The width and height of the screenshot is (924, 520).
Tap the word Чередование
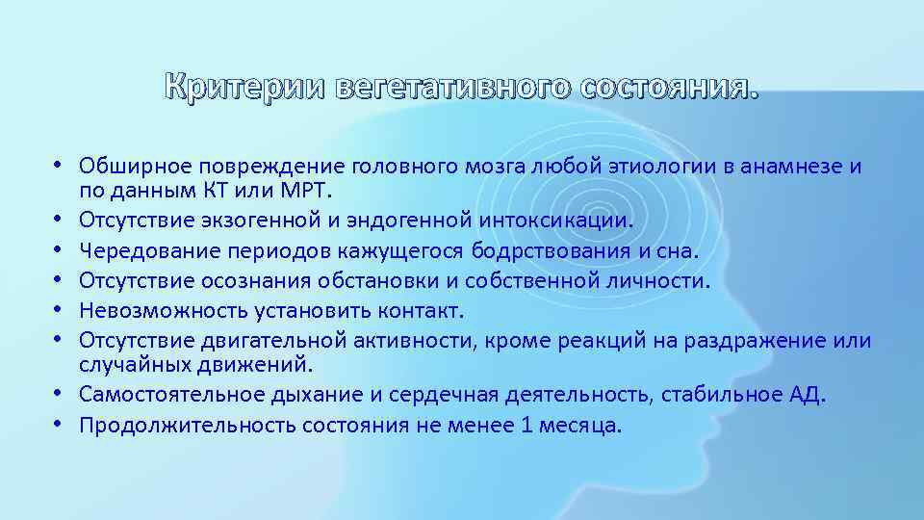click(143, 250)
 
